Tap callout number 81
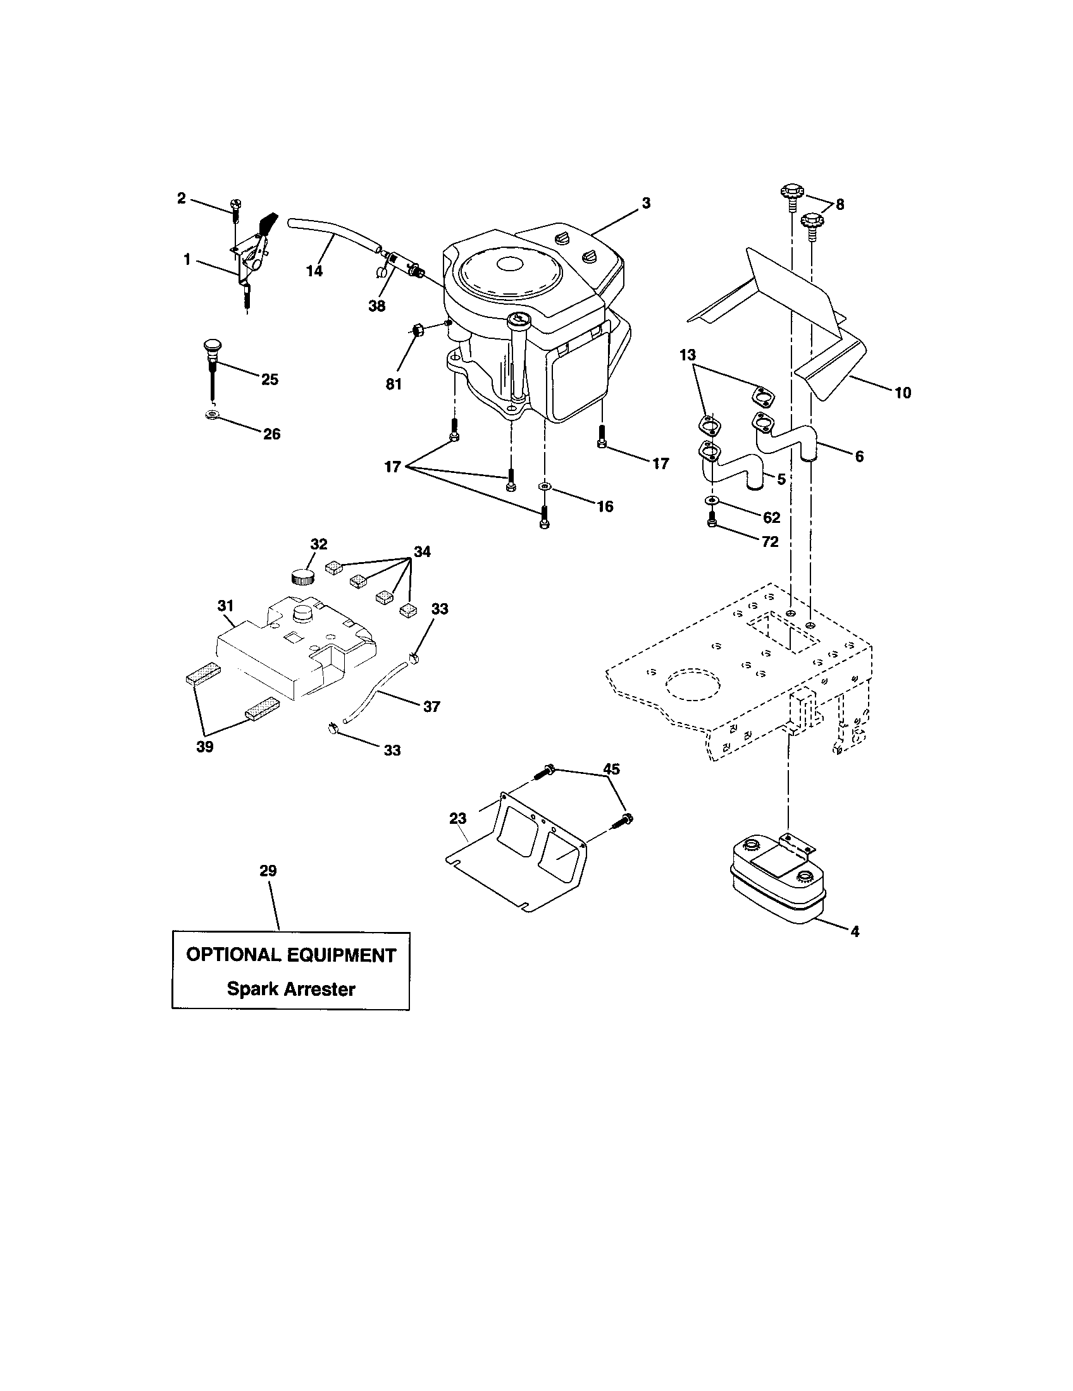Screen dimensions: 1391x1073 393,384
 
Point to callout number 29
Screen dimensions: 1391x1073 268,870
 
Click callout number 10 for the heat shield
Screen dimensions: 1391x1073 902,393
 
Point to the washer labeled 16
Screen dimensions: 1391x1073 544,487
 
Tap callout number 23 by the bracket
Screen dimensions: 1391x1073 457,818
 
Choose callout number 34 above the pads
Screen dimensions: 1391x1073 422,551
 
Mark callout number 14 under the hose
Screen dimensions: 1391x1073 314,271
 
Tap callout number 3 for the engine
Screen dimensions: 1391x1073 646,203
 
